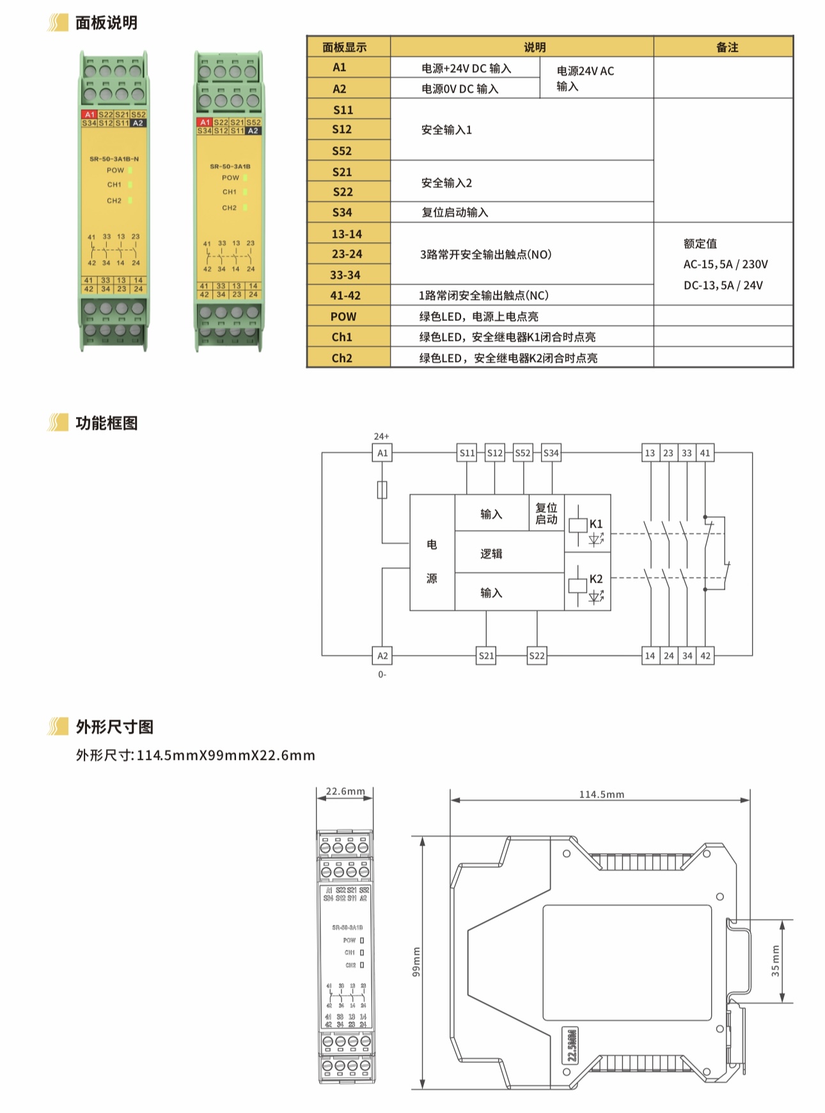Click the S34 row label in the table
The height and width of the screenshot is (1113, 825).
tap(342, 212)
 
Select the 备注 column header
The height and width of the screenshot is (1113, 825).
tap(727, 47)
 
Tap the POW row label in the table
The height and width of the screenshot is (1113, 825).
tap(343, 317)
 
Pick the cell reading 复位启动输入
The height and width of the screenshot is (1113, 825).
tap(455, 212)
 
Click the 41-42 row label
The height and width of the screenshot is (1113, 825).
tap(345, 296)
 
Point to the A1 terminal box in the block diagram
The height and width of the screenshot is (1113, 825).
tap(382, 453)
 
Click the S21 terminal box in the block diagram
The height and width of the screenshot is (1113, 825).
tap(486, 656)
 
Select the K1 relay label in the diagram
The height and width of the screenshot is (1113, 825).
tap(596, 524)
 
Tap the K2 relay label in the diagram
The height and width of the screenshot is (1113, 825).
tap(596, 579)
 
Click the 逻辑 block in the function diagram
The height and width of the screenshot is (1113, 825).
tap(491, 554)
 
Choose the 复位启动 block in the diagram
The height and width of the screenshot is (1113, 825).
tap(546, 514)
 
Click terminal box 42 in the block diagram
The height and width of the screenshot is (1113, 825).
tap(705, 656)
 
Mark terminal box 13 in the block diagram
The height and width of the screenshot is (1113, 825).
tap(650, 453)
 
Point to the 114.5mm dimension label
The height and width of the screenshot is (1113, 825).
tap(601, 794)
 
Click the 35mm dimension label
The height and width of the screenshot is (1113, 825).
tap(776, 961)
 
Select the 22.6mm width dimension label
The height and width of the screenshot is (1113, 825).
tap(345, 791)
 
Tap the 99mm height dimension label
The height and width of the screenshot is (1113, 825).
tap(416, 962)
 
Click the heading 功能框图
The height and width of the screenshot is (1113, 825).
tap(106, 423)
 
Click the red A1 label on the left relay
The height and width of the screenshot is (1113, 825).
tap(90, 114)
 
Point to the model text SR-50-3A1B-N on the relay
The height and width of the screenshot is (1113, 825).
tap(114, 159)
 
